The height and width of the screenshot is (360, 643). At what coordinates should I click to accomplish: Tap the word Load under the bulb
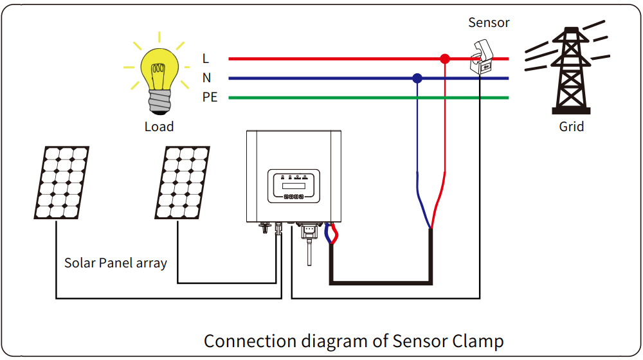point(159,126)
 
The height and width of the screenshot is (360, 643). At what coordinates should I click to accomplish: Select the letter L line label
point(206,59)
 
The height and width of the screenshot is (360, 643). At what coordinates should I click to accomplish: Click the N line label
point(206,78)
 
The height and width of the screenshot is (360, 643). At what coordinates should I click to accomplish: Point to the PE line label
point(210,97)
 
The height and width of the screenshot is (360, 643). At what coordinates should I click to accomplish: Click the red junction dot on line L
point(445,59)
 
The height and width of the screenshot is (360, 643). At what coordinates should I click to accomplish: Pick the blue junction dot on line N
point(417,78)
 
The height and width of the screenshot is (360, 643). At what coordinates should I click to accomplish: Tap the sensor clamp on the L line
point(482,57)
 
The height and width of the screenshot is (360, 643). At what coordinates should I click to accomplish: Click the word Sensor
point(489,22)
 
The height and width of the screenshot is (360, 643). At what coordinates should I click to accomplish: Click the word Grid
point(571,126)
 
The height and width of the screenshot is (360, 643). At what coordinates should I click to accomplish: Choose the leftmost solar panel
point(62,183)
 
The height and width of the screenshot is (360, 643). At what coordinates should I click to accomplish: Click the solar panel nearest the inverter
point(182,183)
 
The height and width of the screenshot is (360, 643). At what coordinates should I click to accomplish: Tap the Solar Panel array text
point(116,263)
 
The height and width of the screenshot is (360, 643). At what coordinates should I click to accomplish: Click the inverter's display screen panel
point(294,186)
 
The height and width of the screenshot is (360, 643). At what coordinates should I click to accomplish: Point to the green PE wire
point(368,98)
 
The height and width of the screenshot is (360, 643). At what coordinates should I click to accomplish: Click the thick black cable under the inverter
point(381,282)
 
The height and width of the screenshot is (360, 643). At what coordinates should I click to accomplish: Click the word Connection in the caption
point(250,341)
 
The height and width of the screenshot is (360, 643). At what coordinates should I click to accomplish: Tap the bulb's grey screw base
point(160,102)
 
